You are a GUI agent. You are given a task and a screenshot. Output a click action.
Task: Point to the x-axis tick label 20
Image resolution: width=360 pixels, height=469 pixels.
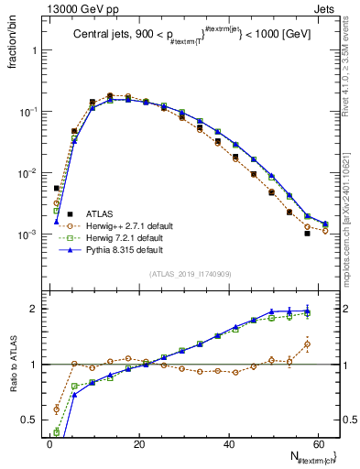point(139,442)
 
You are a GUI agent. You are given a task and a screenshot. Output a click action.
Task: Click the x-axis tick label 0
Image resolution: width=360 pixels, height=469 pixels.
point(49,442)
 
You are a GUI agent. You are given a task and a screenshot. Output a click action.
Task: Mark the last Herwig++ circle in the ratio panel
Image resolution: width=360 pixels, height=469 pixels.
point(307,345)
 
